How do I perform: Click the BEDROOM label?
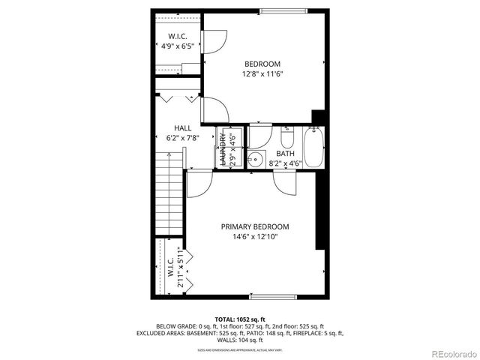click(262, 64)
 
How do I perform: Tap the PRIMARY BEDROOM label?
click(254, 226)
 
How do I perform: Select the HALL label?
click(183, 128)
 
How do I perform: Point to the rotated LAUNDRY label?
click(223, 148)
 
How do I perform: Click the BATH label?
click(285, 153)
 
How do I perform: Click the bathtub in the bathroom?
click(313, 148)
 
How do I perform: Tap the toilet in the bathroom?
click(286, 139)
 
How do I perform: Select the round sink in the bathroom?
click(256, 158)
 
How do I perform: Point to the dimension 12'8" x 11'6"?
click(262, 74)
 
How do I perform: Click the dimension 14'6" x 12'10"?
click(254, 237)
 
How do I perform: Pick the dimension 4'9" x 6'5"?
click(178, 46)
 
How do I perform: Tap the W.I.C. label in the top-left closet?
click(178, 36)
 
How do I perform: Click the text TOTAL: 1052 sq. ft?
click(239, 319)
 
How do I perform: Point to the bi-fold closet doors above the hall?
click(178, 97)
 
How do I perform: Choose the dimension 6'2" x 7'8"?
click(183, 138)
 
